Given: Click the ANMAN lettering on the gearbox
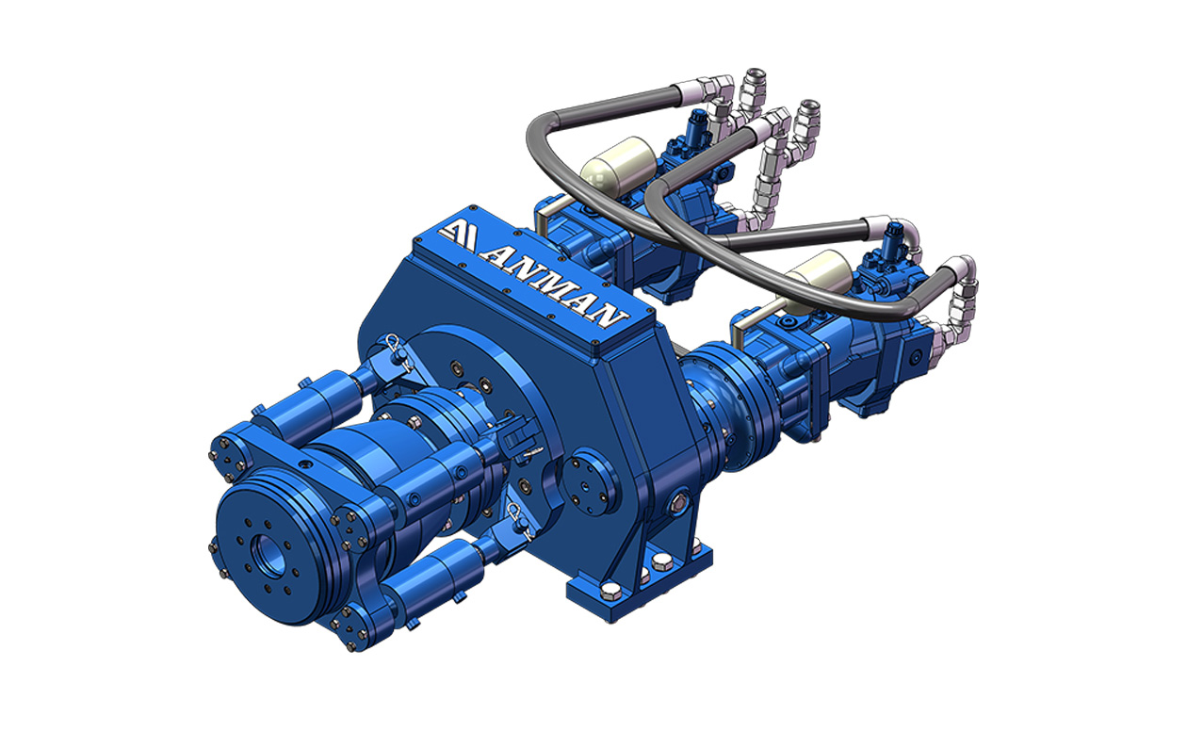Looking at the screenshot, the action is pos(554,286).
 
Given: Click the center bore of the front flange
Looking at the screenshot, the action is pos(268,556).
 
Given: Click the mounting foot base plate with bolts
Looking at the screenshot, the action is pos(639,583).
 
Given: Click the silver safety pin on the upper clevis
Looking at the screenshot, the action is pos(397,350).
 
